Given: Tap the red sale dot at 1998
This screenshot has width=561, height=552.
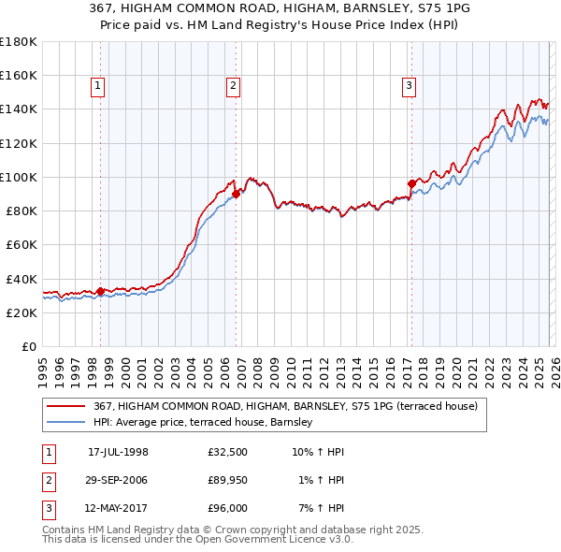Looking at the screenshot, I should coord(101,291).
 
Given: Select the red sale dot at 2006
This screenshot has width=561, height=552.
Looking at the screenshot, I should coord(237,194).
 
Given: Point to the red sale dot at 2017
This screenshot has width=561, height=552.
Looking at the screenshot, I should coord(411,183).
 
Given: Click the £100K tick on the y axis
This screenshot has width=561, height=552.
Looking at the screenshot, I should coord(19,177).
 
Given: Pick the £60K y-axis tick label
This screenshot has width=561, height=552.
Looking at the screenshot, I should coord(22,244).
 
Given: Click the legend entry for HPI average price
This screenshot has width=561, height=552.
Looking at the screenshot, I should coord(207,423).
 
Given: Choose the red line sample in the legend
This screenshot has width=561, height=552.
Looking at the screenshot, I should coord(66,407).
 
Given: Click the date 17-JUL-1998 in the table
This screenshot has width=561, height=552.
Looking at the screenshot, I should coord(118,452).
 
